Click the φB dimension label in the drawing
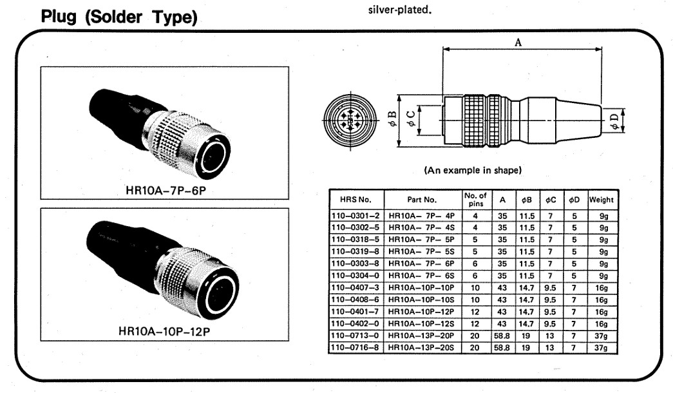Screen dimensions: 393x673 click(392, 119)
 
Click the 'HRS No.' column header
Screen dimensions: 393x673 click(357, 200)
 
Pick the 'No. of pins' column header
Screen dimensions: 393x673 click(475, 200)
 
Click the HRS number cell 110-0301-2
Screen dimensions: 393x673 click(357, 215)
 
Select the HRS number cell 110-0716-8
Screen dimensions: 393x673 click(357, 348)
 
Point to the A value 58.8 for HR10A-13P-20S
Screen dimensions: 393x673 click(501, 348)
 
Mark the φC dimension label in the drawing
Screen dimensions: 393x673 click(410, 119)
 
